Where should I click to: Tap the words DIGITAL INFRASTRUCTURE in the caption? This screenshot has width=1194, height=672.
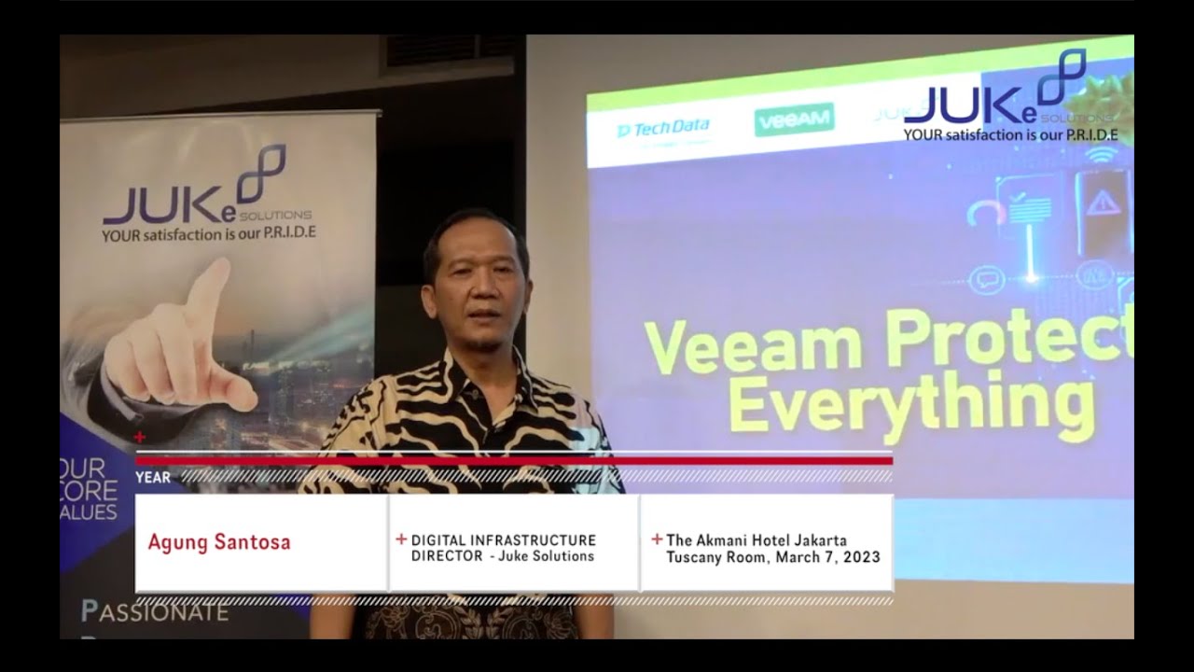click(x=504, y=540)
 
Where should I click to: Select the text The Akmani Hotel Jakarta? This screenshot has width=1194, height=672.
click(x=757, y=540)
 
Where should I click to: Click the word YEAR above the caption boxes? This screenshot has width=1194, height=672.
click(x=153, y=477)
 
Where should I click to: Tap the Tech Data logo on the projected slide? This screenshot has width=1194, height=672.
click(x=663, y=129)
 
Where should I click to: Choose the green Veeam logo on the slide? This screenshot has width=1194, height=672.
click(x=794, y=120)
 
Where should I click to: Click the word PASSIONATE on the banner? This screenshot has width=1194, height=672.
click(x=155, y=612)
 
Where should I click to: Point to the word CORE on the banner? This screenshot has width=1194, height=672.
click(x=90, y=490)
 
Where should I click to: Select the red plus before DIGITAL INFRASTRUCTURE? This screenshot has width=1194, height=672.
click(x=401, y=539)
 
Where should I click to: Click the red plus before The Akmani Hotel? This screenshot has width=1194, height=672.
click(x=657, y=539)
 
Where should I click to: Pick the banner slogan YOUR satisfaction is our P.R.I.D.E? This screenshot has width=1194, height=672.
click(x=209, y=233)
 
